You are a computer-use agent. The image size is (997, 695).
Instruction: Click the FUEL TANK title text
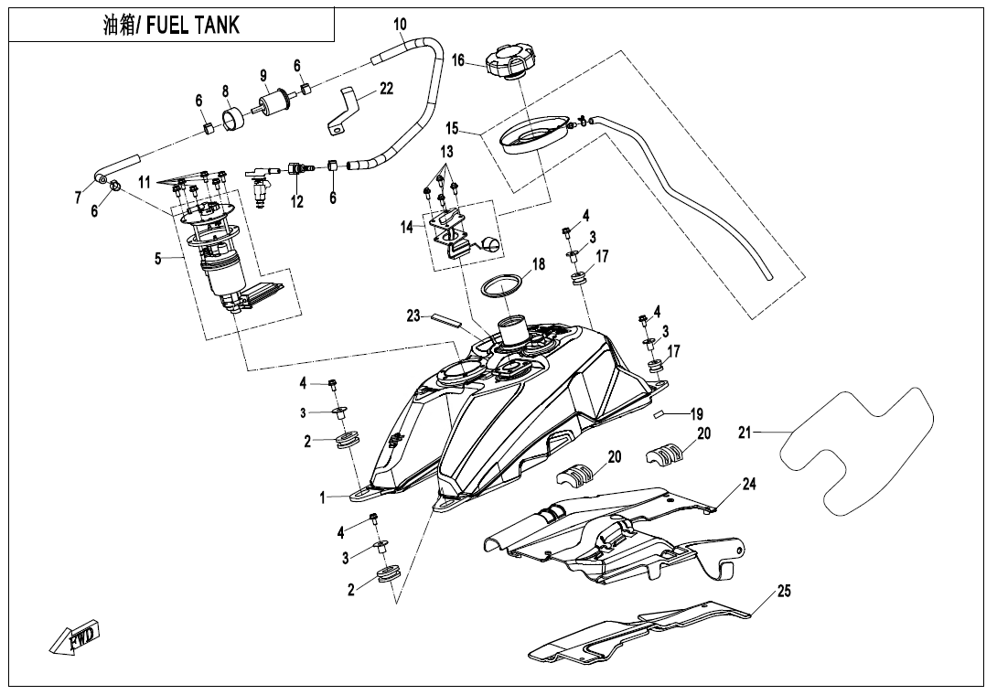point(171,25)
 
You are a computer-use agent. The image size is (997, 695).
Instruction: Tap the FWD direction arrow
point(75,636)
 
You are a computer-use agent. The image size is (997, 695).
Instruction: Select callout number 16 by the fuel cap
point(459,60)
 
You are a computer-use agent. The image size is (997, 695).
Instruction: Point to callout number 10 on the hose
point(401,25)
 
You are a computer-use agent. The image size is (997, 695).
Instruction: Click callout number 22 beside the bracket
point(386,88)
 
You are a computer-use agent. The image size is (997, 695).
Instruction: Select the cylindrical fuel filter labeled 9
point(272,102)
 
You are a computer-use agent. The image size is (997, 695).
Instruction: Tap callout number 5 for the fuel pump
point(158,259)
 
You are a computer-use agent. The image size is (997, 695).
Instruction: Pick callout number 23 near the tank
point(413,315)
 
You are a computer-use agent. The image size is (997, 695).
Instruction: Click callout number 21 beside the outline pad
point(745,432)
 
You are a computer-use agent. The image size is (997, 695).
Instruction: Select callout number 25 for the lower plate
point(783,592)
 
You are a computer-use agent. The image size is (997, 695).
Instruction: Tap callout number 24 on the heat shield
point(749,485)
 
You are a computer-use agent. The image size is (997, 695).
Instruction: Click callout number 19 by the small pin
point(696,414)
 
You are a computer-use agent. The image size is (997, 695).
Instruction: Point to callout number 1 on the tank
point(322,497)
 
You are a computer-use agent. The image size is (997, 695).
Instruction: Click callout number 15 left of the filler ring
point(453,129)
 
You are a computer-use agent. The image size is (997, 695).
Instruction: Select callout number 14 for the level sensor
point(406,228)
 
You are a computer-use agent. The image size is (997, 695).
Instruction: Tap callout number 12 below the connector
point(296,203)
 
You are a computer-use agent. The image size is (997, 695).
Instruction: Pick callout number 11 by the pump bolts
point(145,183)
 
